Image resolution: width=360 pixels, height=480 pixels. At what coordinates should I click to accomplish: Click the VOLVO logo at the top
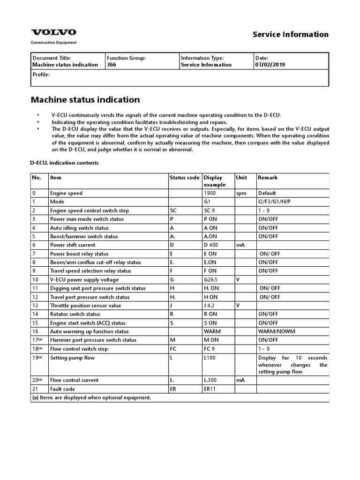53,32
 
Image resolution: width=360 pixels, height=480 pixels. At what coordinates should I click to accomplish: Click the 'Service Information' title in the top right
291,34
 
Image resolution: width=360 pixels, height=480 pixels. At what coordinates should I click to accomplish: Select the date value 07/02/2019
270,65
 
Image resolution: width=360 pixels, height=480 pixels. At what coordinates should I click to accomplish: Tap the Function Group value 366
112,65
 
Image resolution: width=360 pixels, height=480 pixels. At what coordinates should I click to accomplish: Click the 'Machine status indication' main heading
85,100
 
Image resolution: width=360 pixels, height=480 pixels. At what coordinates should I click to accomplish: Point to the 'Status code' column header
184,178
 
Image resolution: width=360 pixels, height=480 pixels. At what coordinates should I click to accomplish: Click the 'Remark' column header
268,178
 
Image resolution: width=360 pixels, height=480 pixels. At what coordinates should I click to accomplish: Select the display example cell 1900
210,193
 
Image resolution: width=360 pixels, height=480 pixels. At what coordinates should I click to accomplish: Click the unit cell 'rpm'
241,193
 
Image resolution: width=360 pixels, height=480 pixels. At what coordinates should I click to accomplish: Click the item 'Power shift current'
72,245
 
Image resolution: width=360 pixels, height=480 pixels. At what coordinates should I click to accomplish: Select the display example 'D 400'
211,245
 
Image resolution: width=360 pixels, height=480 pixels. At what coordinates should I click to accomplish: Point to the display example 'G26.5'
211,279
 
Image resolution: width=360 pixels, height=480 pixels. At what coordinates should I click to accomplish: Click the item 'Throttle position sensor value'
85,306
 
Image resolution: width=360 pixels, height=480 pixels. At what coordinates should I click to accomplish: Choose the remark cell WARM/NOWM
277,331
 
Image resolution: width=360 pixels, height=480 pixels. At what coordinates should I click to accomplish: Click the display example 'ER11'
210,389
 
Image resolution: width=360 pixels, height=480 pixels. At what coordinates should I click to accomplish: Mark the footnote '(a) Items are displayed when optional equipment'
91,397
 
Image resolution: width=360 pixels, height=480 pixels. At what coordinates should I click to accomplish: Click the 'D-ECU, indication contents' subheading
64,163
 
